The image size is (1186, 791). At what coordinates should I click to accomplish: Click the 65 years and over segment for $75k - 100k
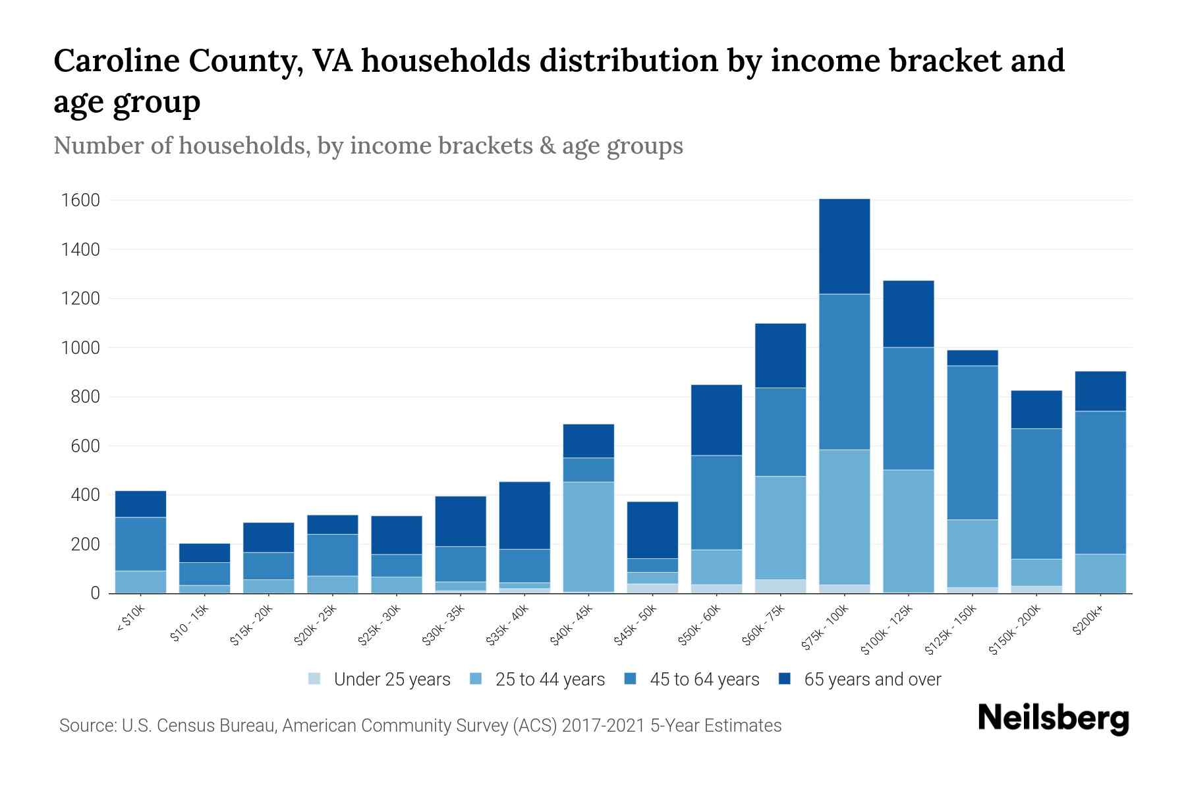(844, 247)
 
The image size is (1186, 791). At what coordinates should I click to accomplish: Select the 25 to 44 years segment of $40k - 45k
(588, 537)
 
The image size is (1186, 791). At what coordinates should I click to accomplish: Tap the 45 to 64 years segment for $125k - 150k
(972, 442)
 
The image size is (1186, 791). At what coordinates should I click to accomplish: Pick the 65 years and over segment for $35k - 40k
(524, 515)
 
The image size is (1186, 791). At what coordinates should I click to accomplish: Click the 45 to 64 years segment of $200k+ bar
(1100, 483)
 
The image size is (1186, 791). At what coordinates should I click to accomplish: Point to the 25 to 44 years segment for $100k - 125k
(908, 531)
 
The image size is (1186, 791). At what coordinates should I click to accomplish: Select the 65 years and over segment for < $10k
(140, 504)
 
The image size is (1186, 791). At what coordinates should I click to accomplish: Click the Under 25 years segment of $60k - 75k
(780, 586)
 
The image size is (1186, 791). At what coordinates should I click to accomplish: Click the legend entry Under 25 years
(392, 680)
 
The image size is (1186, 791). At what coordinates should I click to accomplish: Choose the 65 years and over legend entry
(872, 680)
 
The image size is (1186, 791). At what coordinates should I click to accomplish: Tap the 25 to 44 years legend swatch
(476, 679)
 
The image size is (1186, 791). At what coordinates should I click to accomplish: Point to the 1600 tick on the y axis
(81, 200)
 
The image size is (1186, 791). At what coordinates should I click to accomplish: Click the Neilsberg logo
(1053, 719)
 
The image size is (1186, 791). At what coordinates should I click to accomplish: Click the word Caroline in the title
(115, 61)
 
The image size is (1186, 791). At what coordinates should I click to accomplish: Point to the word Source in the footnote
(86, 726)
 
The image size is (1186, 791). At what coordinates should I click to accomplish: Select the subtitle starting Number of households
(368, 146)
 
